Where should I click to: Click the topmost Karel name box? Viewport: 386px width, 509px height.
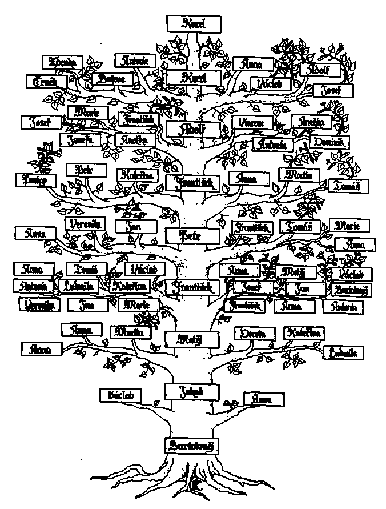(194, 23)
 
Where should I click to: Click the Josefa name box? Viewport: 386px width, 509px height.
(81, 139)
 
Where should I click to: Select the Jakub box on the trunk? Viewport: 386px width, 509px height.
(192, 391)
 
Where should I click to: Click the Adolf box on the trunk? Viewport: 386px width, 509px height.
(193, 129)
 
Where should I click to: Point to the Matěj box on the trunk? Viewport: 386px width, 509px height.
(192, 339)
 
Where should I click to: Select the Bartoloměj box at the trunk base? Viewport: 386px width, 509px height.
(192, 445)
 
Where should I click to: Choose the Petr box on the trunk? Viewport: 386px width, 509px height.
(192, 235)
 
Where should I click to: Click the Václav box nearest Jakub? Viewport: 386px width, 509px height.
(120, 394)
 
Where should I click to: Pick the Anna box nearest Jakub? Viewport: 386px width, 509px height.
(264, 399)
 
